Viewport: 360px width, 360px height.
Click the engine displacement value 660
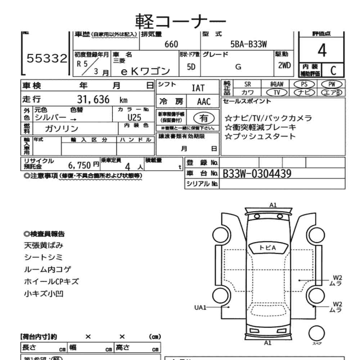[x=171, y=44]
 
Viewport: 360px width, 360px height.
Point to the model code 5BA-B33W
[x=248, y=44]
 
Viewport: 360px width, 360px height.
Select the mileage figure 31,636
[x=93, y=100]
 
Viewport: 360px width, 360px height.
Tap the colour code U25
[x=134, y=118]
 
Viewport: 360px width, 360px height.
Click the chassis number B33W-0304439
[x=257, y=174]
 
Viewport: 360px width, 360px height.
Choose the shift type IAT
[x=198, y=88]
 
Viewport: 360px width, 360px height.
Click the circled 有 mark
[x=204, y=118]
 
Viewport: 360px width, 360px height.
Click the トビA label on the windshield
[x=267, y=247]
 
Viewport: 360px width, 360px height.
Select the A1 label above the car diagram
[x=273, y=205]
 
